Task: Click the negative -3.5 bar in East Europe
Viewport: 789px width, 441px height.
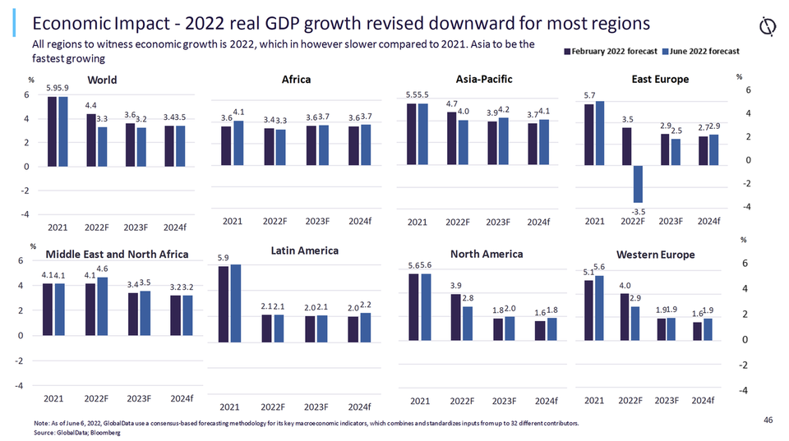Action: pyautogui.click(x=637, y=183)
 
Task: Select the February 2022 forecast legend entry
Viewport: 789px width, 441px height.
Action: pyautogui.click(x=613, y=51)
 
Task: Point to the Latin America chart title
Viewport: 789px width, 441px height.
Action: pyautogui.click(x=304, y=250)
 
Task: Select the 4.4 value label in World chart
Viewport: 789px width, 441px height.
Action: pyautogui.click(x=91, y=105)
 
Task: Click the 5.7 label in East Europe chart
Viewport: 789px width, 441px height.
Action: pyautogui.click(x=590, y=95)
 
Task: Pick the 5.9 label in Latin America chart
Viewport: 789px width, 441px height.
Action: pyautogui.click(x=224, y=258)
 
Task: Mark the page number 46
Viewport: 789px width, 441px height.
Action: pyautogui.click(x=768, y=420)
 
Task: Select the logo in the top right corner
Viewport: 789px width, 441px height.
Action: pyautogui.click(x=768, y=26)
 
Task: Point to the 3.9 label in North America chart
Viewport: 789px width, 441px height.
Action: pyautogui.click(x=457, y=285)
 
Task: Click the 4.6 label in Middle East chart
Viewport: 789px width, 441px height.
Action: pyautogui.click(x=103, y=269)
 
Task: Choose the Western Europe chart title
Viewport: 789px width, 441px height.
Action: pyautogui.click(x=655, y=255)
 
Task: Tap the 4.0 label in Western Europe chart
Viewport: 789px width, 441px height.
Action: pyautogui.click(x=625, y=285)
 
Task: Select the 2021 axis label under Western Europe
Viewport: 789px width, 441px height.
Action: pyautogui.click(x=595, y=400)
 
